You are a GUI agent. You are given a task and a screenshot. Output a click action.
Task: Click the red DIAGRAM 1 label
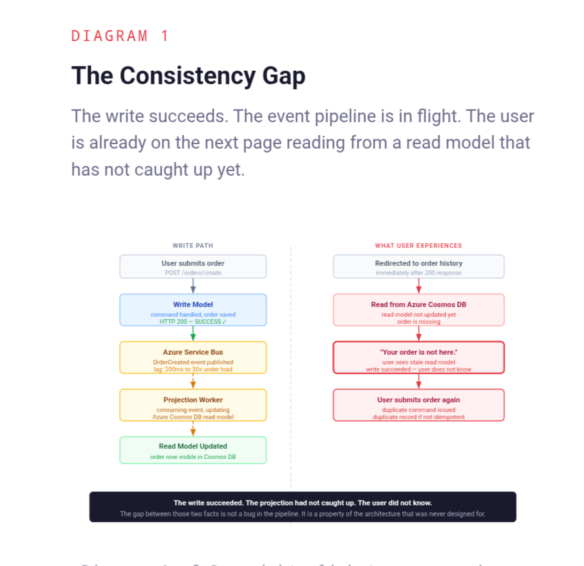pos(120,36)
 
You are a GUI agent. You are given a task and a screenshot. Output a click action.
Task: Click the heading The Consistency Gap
pos(188,76)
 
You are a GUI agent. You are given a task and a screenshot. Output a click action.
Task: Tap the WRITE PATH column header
pos(193,245)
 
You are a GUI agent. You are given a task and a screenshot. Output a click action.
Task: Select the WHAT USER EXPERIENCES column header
pos(419,245)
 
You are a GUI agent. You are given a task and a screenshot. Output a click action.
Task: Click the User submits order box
pos(193,267)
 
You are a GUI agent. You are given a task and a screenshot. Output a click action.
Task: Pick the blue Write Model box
pos(193,310)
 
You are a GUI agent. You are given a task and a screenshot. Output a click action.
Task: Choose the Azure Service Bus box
pos(193,357)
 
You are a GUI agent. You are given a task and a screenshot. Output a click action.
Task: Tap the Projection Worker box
pos(193,405)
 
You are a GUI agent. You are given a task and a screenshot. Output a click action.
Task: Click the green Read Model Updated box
pos(193,450)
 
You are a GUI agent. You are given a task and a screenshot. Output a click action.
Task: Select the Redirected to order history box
pos(419,267)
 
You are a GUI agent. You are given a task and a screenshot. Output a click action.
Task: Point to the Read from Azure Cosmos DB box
pos(419,310)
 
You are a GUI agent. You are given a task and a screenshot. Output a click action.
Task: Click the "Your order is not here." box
pos(419,357)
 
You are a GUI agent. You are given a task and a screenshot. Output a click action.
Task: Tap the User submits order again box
pos(419,405)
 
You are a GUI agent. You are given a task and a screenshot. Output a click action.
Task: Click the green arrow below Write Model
pos(193,334)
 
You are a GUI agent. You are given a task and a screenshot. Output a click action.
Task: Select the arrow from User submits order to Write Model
pos(193,286)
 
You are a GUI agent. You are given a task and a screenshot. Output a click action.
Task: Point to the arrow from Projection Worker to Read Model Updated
pos(193,429)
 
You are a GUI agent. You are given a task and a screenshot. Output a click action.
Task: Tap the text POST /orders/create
pos(193,273)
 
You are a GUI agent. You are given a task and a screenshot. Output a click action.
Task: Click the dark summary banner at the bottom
pos(303,507)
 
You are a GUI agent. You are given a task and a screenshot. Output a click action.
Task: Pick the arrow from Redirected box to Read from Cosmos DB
pos(419,286)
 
